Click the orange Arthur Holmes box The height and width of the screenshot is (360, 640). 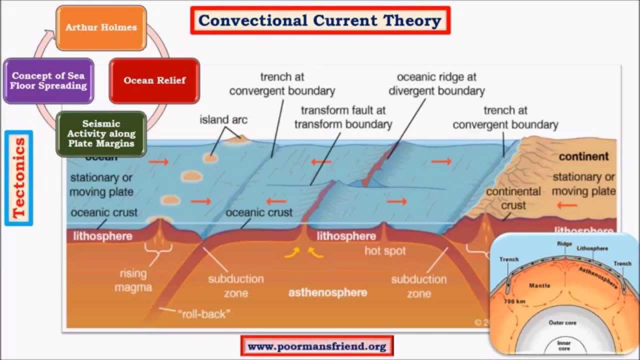click(100, 27)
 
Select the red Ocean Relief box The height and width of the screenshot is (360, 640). click(154, 80)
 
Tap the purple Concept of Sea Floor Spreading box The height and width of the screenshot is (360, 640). click(48, 80)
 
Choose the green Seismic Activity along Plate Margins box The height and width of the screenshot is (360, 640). click(101, 133)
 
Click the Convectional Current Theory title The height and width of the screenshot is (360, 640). click(320, 20)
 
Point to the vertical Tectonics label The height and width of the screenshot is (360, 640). click(19, 177)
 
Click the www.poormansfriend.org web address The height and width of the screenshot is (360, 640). click(317, 346)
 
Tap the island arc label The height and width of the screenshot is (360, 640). click(223, 120)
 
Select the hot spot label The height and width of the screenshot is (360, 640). click(384, 250)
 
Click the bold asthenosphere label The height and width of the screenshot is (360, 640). click(327, 292)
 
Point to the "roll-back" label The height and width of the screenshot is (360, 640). click(204, 314)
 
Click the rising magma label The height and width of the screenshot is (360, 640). click(133, 280)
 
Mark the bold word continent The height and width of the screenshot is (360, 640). click(583, 156)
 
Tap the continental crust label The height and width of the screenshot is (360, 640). click(513, 198)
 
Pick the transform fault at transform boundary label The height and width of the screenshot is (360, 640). click(343, 116)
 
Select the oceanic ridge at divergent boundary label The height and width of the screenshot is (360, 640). click(436, 84)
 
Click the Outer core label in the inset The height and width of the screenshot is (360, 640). click(562, 322)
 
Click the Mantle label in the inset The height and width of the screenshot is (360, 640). click(539, 285)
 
